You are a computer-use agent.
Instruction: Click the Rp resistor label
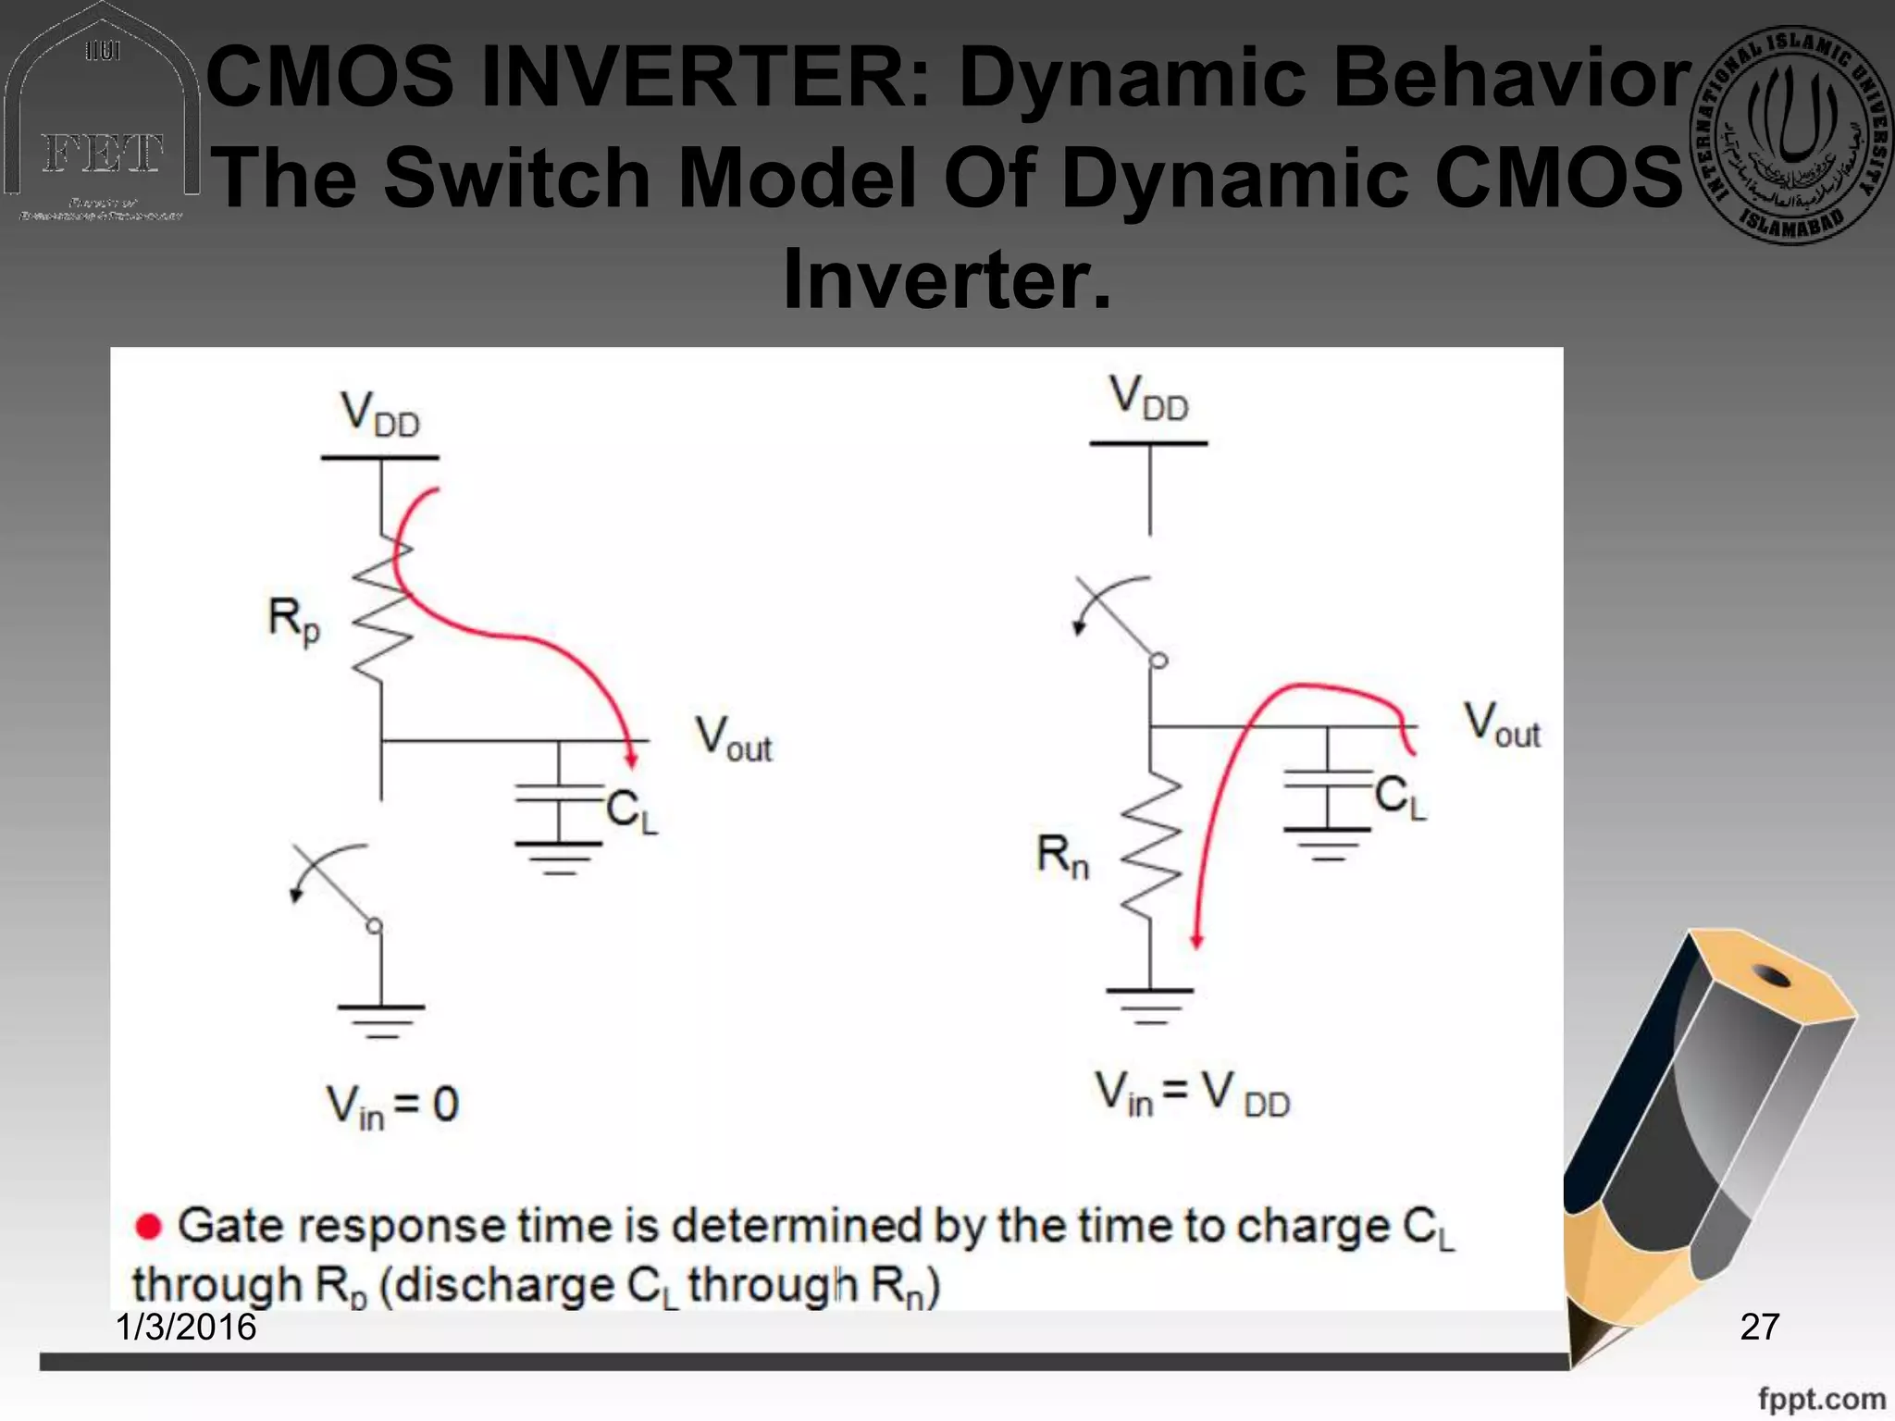[293, 620]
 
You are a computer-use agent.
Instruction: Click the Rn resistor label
[1062, 856]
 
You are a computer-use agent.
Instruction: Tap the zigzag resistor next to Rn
[1150, 846]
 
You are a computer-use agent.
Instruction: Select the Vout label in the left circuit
[734, 739]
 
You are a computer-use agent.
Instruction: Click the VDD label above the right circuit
[1149, 399]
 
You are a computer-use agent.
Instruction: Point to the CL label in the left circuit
[632, 812]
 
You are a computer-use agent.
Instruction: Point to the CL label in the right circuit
[1400, 797]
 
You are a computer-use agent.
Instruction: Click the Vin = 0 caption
[392, 1105]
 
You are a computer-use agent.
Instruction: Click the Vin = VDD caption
[1192, 1094]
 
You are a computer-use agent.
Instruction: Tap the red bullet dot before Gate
[148, 1227]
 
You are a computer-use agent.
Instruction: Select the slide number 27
[1759, 1327]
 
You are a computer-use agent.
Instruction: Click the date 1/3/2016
[186, 1327]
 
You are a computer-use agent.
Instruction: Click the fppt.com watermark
[1821, 1398]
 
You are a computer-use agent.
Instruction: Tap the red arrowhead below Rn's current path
[1196, 941]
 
